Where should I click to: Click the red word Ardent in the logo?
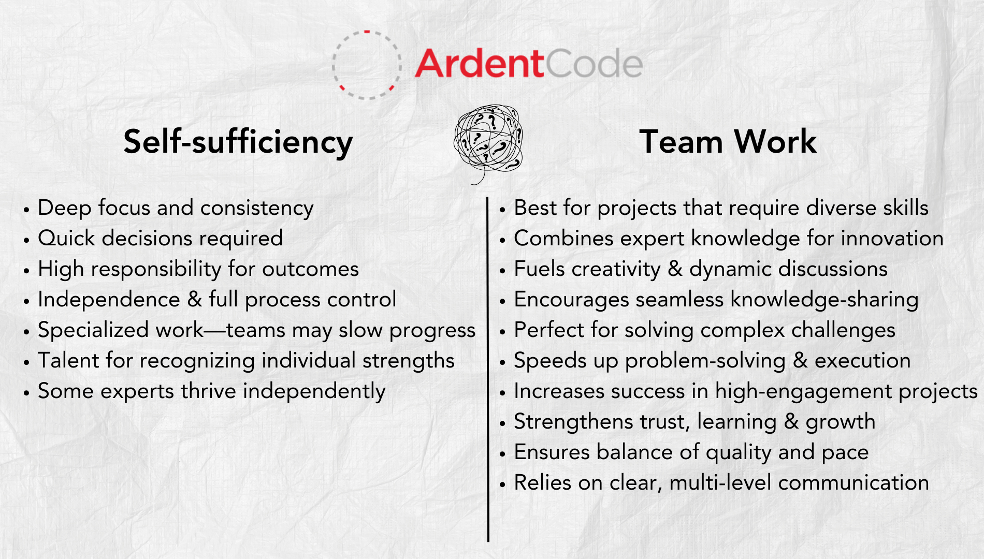(479, 64)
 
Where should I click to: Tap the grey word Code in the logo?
(594, 64)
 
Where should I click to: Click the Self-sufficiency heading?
(238, 142)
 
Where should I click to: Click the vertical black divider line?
(488, 369)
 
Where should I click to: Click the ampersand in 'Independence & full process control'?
(195, 300)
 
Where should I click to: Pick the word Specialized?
(94, 331)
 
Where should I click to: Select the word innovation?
(892, 239)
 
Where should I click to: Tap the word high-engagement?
(804, 392)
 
